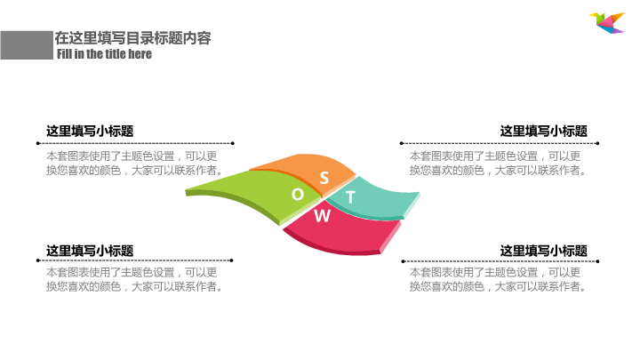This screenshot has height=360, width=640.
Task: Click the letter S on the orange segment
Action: [324, 178]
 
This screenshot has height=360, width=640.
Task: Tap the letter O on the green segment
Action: [298, 195]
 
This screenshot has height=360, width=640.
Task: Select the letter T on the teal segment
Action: [350, 197]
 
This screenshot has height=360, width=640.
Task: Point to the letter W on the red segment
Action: [324, 215]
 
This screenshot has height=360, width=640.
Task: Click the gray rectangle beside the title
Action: [25, 44]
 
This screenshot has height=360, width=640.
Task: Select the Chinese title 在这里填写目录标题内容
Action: [132, 38]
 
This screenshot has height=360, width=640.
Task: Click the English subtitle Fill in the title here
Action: [104, 54]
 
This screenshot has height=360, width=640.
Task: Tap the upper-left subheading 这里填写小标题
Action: [90, 131]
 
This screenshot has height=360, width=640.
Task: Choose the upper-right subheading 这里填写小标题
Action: [544, 131]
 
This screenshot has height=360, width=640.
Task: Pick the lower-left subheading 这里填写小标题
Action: [90, 251]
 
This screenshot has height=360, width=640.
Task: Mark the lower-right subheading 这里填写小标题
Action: [544, 251]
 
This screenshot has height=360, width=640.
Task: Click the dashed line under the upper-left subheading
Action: [140, 142]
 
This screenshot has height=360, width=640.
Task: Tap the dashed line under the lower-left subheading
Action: [140, 261]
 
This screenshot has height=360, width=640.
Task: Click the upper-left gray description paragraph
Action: [133, 164]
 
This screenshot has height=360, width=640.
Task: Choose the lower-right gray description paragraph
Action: [496, 280]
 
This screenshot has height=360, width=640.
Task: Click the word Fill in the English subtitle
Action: [65, 54]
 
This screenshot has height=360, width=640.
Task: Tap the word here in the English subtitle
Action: [140, 54]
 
